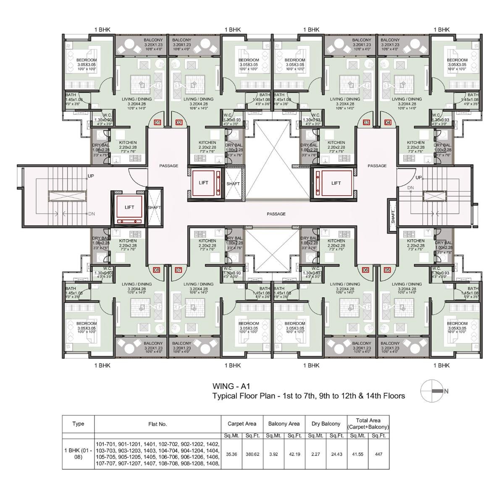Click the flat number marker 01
tap(157, 123)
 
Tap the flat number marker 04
tap(388, 123)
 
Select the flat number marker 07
tap(178, 270)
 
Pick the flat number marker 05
tap(387, 270)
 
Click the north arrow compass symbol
tap(431, 391)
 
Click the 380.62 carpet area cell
tap(254, 454)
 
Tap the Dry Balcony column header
tap(326, 424)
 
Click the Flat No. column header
tap(157, 424)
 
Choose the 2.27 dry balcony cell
tap(315, 454)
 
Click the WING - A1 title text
tap(231, 386)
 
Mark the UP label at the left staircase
tap(90, 176)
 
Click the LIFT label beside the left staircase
tap(129, 207)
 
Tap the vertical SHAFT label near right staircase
tap(393, 216)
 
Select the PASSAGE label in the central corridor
tap(276, 214)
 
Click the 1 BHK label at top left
tap(102, 29)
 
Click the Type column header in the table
tap(78, 424)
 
